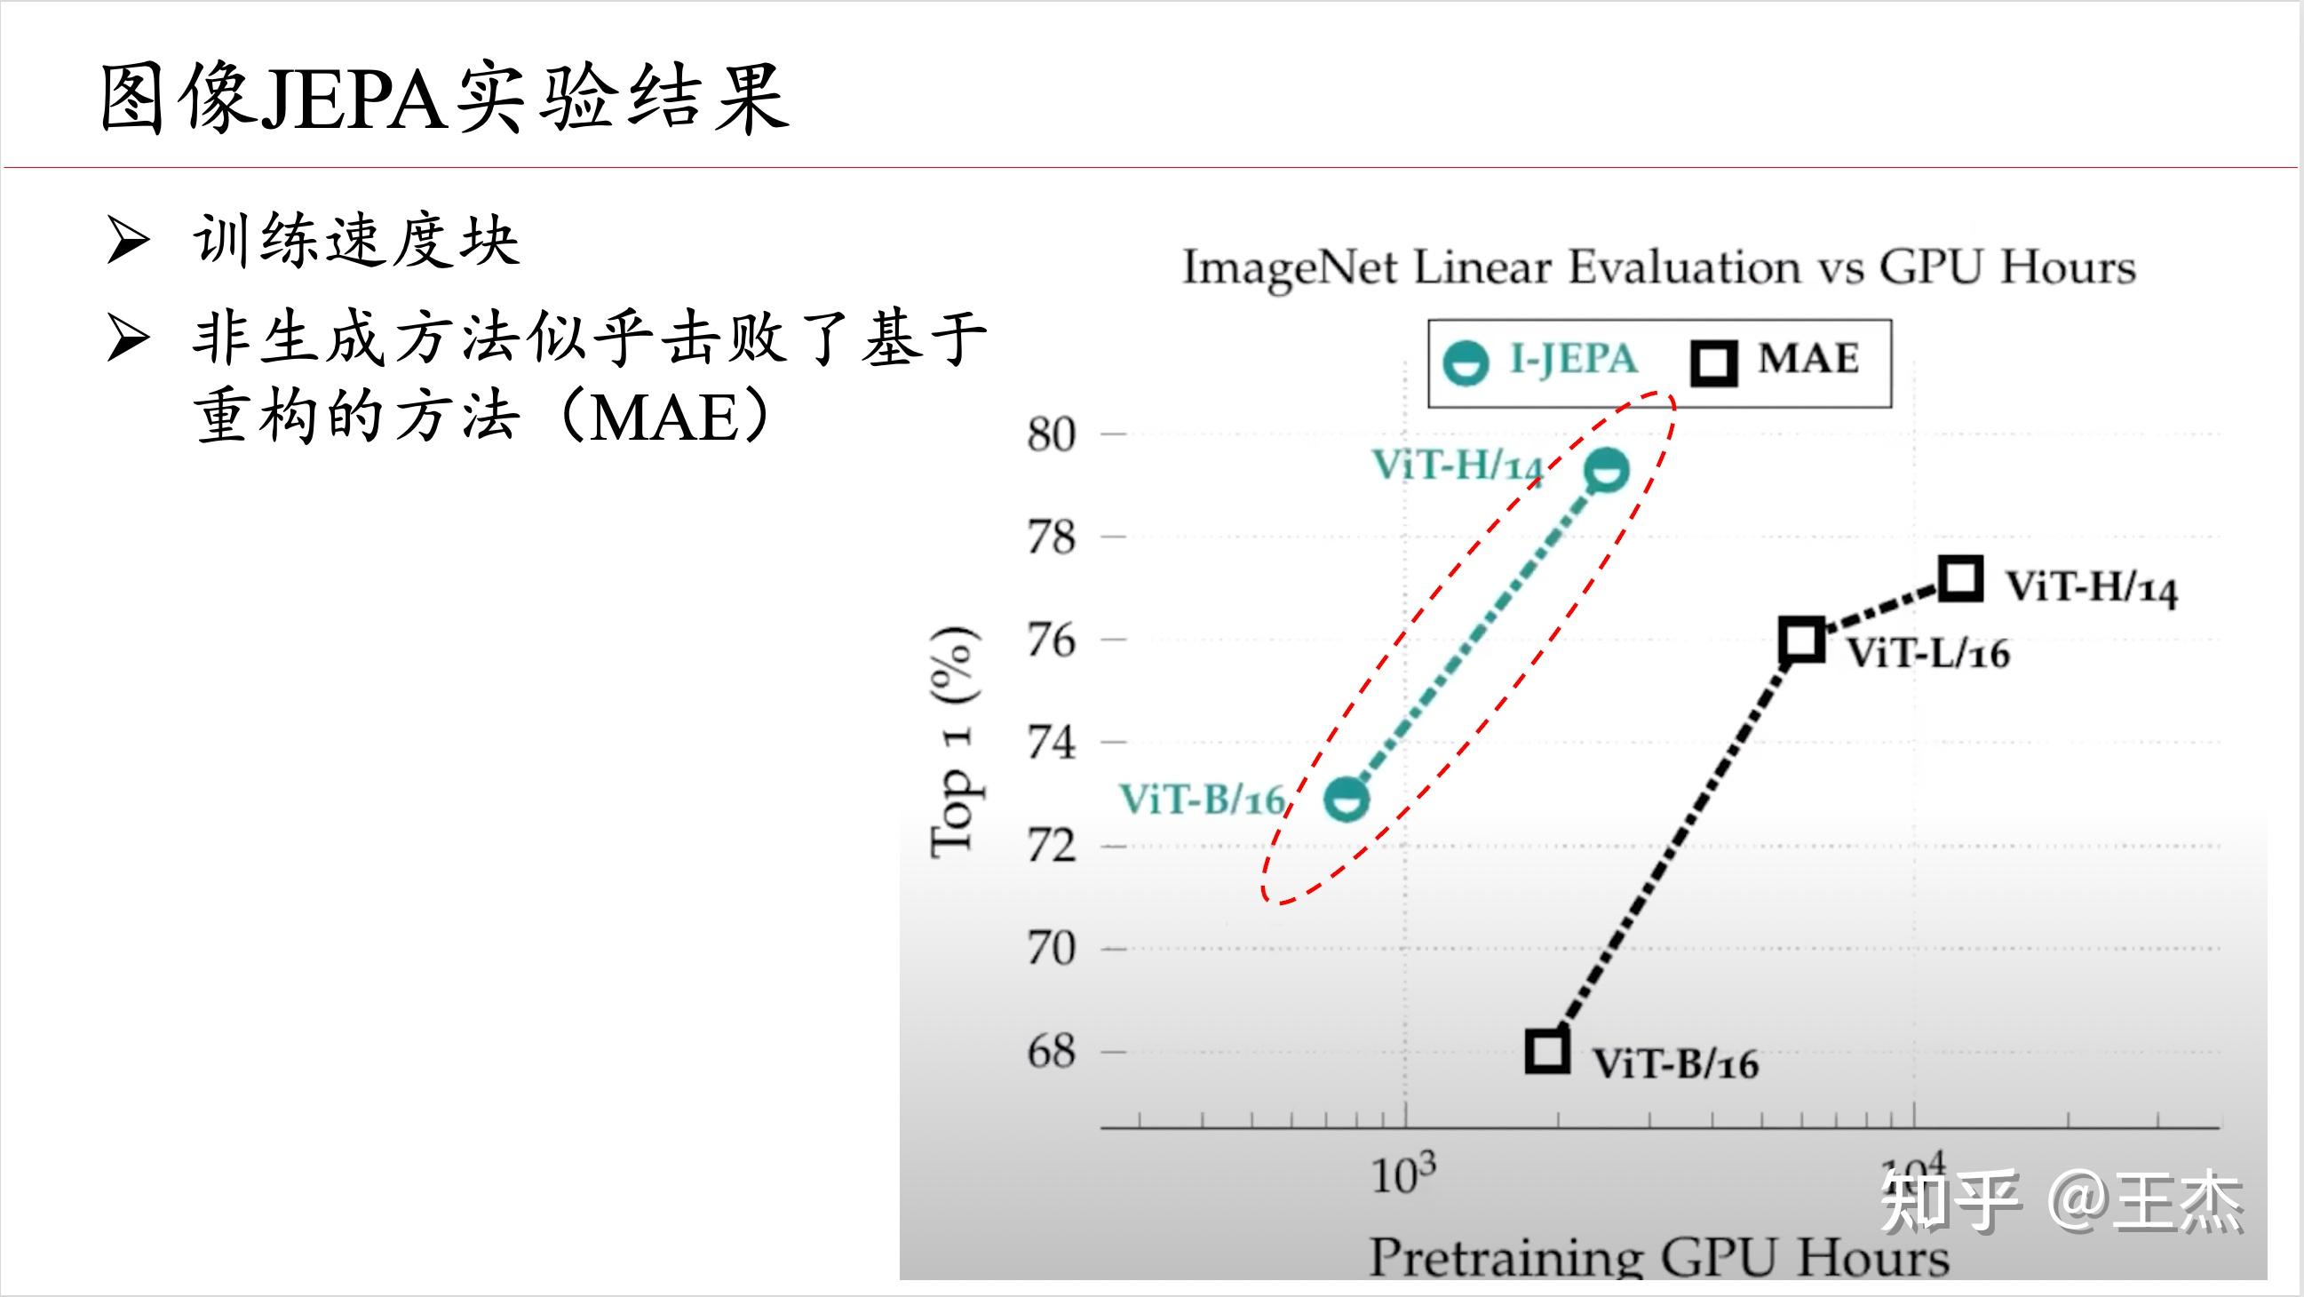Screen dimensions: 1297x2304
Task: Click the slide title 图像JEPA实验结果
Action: (444, 99)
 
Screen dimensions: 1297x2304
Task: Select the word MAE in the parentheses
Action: (663, 418)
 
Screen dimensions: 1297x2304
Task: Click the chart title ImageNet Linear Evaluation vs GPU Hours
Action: (1659, 267)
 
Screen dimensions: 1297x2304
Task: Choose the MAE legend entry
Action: (1776, 362)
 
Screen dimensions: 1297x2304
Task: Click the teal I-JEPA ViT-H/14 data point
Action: (1607, 470)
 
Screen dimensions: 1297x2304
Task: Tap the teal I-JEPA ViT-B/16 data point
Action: (1347, 798)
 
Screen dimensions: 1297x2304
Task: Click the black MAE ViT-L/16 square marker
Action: (1801, 640)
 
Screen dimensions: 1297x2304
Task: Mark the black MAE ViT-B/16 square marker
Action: (1547, 1050)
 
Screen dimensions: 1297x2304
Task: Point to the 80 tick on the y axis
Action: (1052, 434)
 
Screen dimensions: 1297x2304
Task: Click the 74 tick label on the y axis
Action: (1052, 743)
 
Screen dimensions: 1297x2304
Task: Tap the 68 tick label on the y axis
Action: (1052, 1052)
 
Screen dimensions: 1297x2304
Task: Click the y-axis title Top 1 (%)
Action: (953, 743)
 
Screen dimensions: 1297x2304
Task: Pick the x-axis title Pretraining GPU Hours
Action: (1659, 1257)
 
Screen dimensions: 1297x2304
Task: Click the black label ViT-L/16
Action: (1928, 653)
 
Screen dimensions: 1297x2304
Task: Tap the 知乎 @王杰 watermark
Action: (2062, 1202)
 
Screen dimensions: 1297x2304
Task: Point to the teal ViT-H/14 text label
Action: (1458, 465)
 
